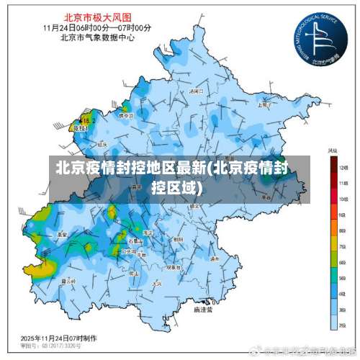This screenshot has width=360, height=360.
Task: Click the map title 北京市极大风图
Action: (x=97, y=16)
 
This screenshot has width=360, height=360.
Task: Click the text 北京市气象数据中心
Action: (x=97, y=37)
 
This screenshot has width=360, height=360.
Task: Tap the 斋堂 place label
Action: (x=63, y=234)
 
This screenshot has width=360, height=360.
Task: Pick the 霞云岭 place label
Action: (x=69, y=281)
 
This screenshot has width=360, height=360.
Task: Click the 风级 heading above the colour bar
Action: (x=333, y=150)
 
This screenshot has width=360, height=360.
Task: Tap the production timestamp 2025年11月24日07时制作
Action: (x=59, y=337)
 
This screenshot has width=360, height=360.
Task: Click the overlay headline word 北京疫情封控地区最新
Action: (x=130, y=170)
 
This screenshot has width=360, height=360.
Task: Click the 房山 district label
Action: (x=132, y=274)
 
